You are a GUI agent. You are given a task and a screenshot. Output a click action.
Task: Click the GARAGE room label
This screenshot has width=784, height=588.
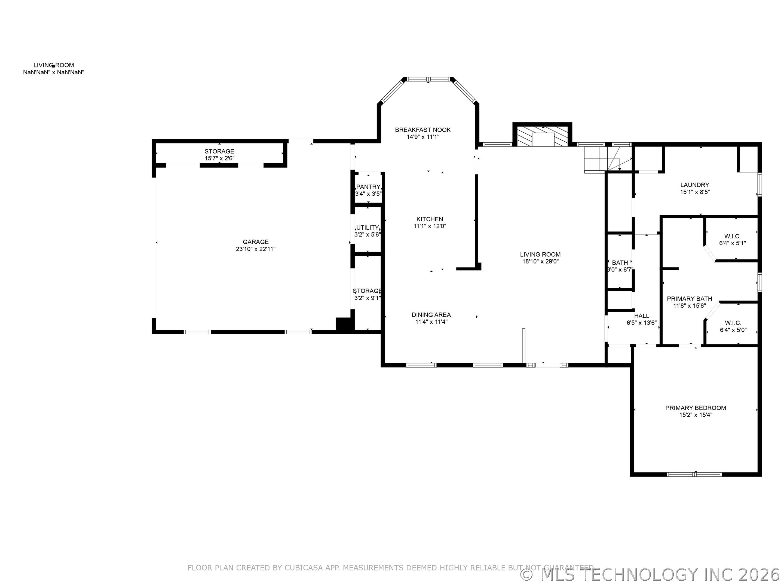[256, 242]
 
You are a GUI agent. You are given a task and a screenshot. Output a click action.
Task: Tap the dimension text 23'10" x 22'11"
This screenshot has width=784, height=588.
[256, 249]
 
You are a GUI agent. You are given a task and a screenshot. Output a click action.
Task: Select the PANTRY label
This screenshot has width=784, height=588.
[368, 187]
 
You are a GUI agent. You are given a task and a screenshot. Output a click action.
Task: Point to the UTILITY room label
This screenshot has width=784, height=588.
[367, 228]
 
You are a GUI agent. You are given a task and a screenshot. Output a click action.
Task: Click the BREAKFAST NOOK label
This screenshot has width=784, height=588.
[423, 130]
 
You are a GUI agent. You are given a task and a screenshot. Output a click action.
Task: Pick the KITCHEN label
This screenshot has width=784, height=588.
[430, 219]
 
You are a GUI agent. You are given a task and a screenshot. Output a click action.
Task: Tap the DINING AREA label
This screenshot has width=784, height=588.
[431, 315]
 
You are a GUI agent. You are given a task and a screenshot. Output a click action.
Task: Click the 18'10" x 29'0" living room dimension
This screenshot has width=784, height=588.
[540, 262]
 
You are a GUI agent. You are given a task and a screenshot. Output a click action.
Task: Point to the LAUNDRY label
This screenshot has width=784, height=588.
[695, 185]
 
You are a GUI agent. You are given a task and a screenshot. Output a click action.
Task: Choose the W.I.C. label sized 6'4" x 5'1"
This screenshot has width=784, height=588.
[732, 236]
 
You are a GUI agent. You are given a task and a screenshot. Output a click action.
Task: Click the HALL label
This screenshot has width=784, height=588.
[642, 316]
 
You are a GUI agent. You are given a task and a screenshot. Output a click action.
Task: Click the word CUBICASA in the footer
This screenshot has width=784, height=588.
[304, 568]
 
